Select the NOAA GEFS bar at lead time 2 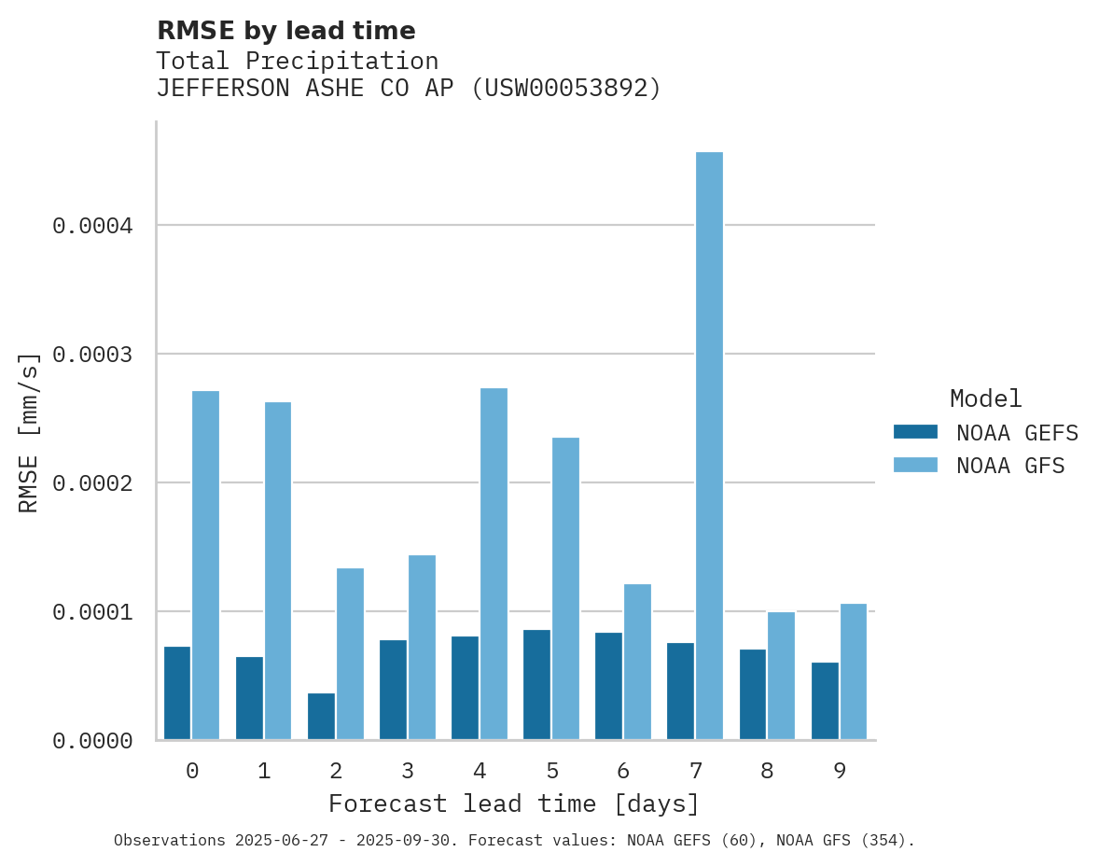tap(321, 717)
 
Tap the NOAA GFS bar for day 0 tap(205, 566)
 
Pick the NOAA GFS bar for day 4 tap(494, 564)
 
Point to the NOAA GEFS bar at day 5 tap(536, 685)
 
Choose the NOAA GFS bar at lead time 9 tap(853, 672)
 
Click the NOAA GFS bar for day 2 tap(350, 653)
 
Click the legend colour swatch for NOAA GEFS tap(915, 432)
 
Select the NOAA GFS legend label tap(1009, 466)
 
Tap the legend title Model tap(985, 398)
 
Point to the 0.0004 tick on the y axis tap(92, 226)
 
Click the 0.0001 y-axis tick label tap(92, 612)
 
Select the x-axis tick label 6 tap(623, 771)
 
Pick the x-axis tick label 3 tap(408, 771)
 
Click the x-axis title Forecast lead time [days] tap(514, 803)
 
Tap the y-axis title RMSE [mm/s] tap(29, 432)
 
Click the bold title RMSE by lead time tap(285, 31)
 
